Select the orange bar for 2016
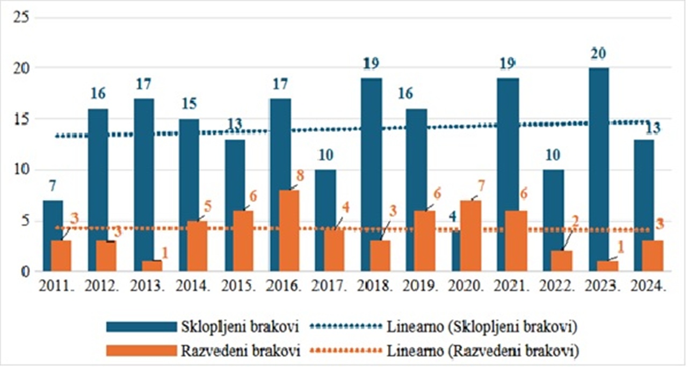[289, 231]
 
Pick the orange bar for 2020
[471, 236]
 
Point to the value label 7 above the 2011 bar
[52, 187]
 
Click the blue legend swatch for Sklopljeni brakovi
[141, 326]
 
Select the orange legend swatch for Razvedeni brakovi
[141, 351]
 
